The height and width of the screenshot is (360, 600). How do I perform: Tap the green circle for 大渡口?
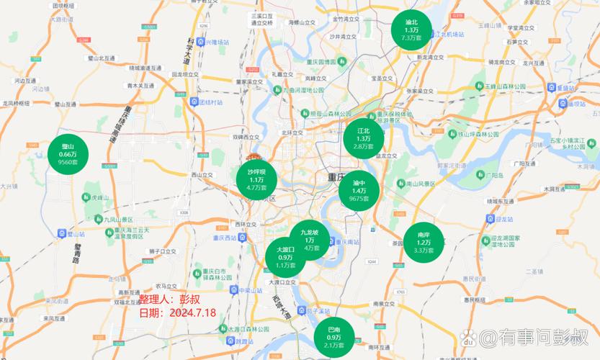285,257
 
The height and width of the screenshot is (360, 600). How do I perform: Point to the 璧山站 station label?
74,234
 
